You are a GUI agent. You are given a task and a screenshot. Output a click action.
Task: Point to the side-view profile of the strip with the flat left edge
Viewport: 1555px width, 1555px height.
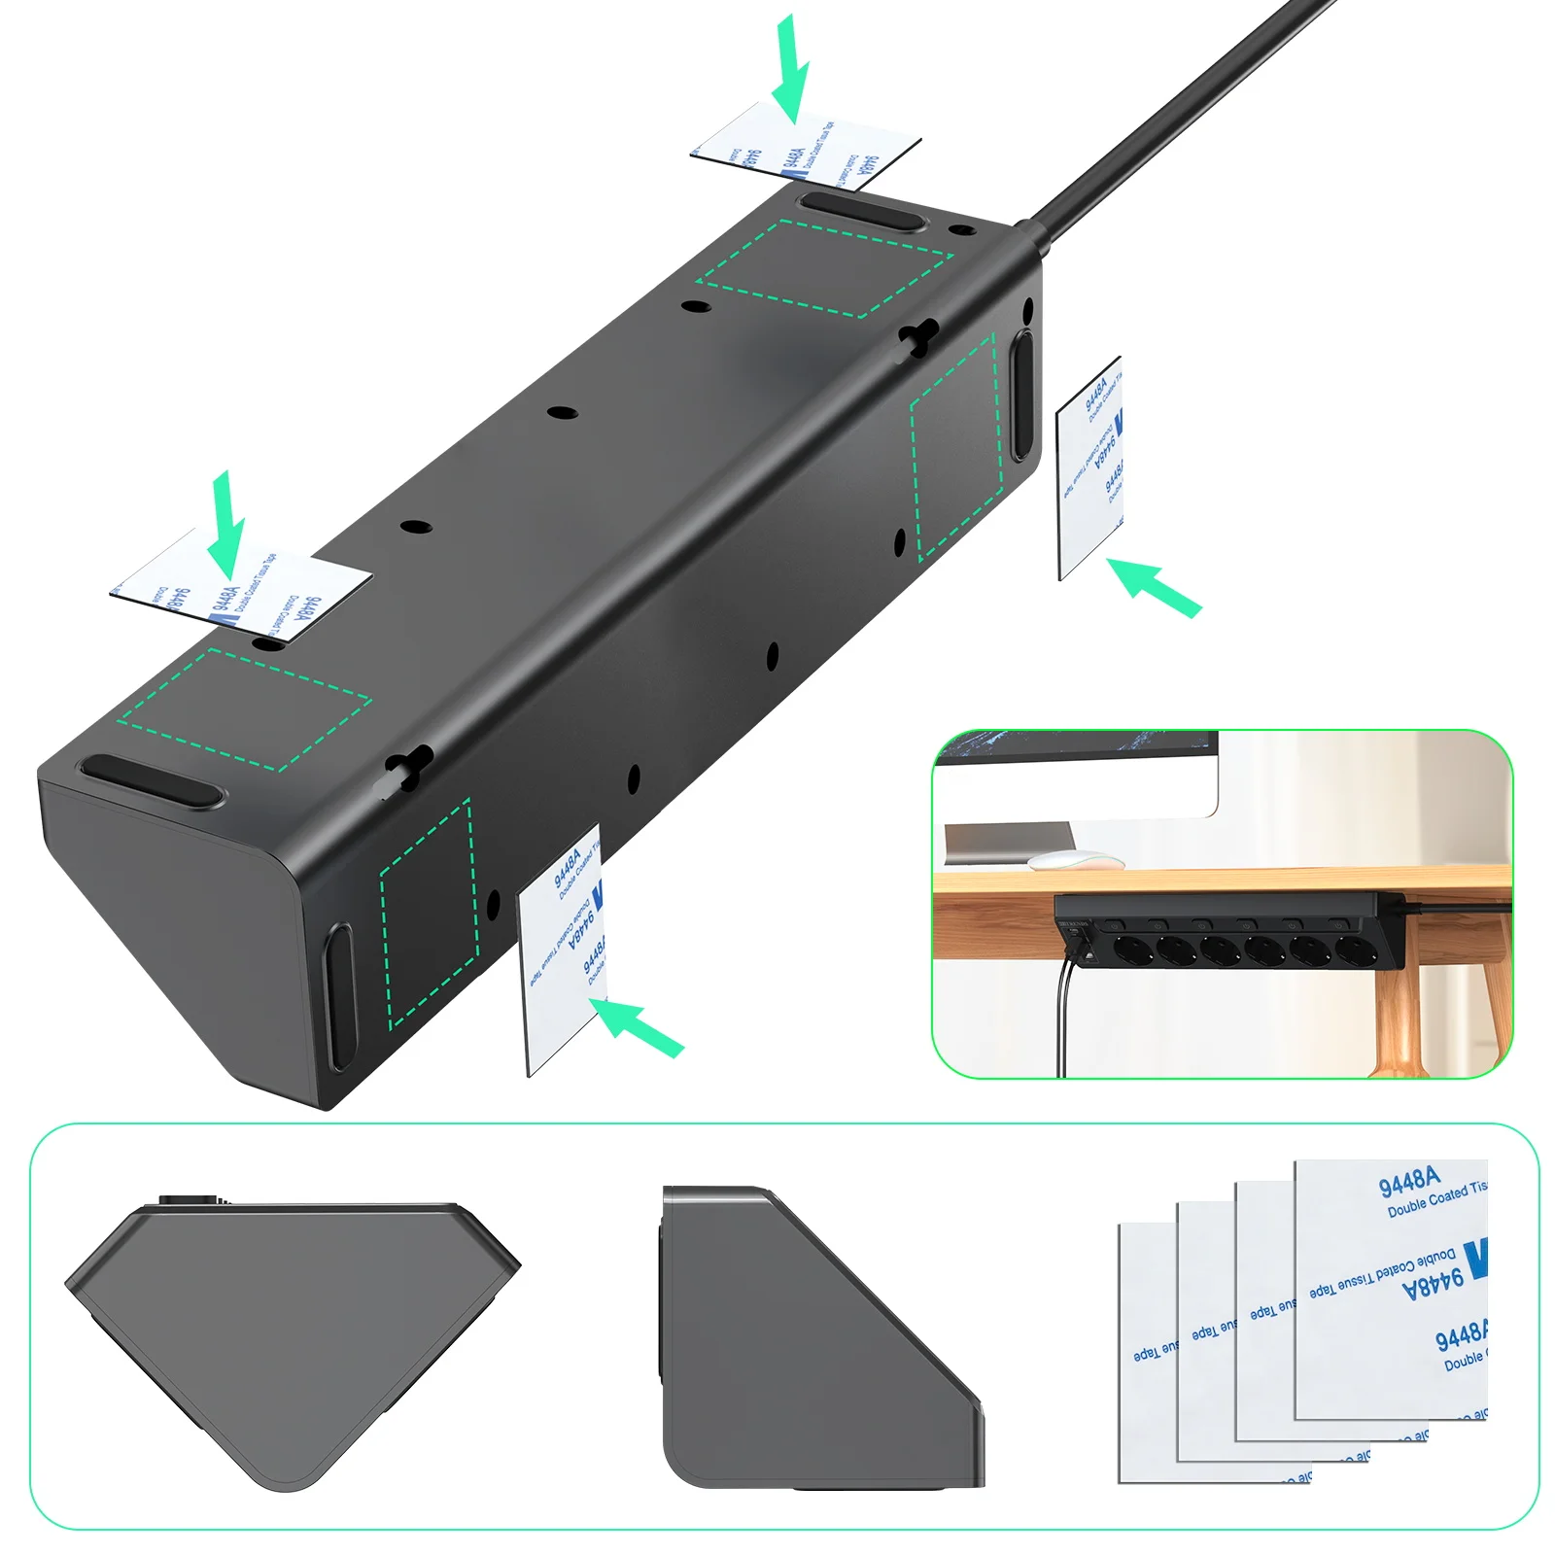pos(816,1341)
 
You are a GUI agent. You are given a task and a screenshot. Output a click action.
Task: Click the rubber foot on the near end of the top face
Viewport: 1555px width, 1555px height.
pos(151,779)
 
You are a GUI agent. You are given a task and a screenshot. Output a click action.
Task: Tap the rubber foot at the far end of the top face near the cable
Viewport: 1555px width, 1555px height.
pos(861,210)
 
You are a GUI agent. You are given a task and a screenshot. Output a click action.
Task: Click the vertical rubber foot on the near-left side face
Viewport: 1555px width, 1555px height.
pos(340,996)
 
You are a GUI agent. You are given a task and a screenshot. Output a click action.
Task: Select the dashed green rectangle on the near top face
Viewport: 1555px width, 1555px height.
pos(243,709)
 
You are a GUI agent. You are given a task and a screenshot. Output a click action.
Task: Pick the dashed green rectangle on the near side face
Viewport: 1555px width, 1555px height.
pos(429,914)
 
